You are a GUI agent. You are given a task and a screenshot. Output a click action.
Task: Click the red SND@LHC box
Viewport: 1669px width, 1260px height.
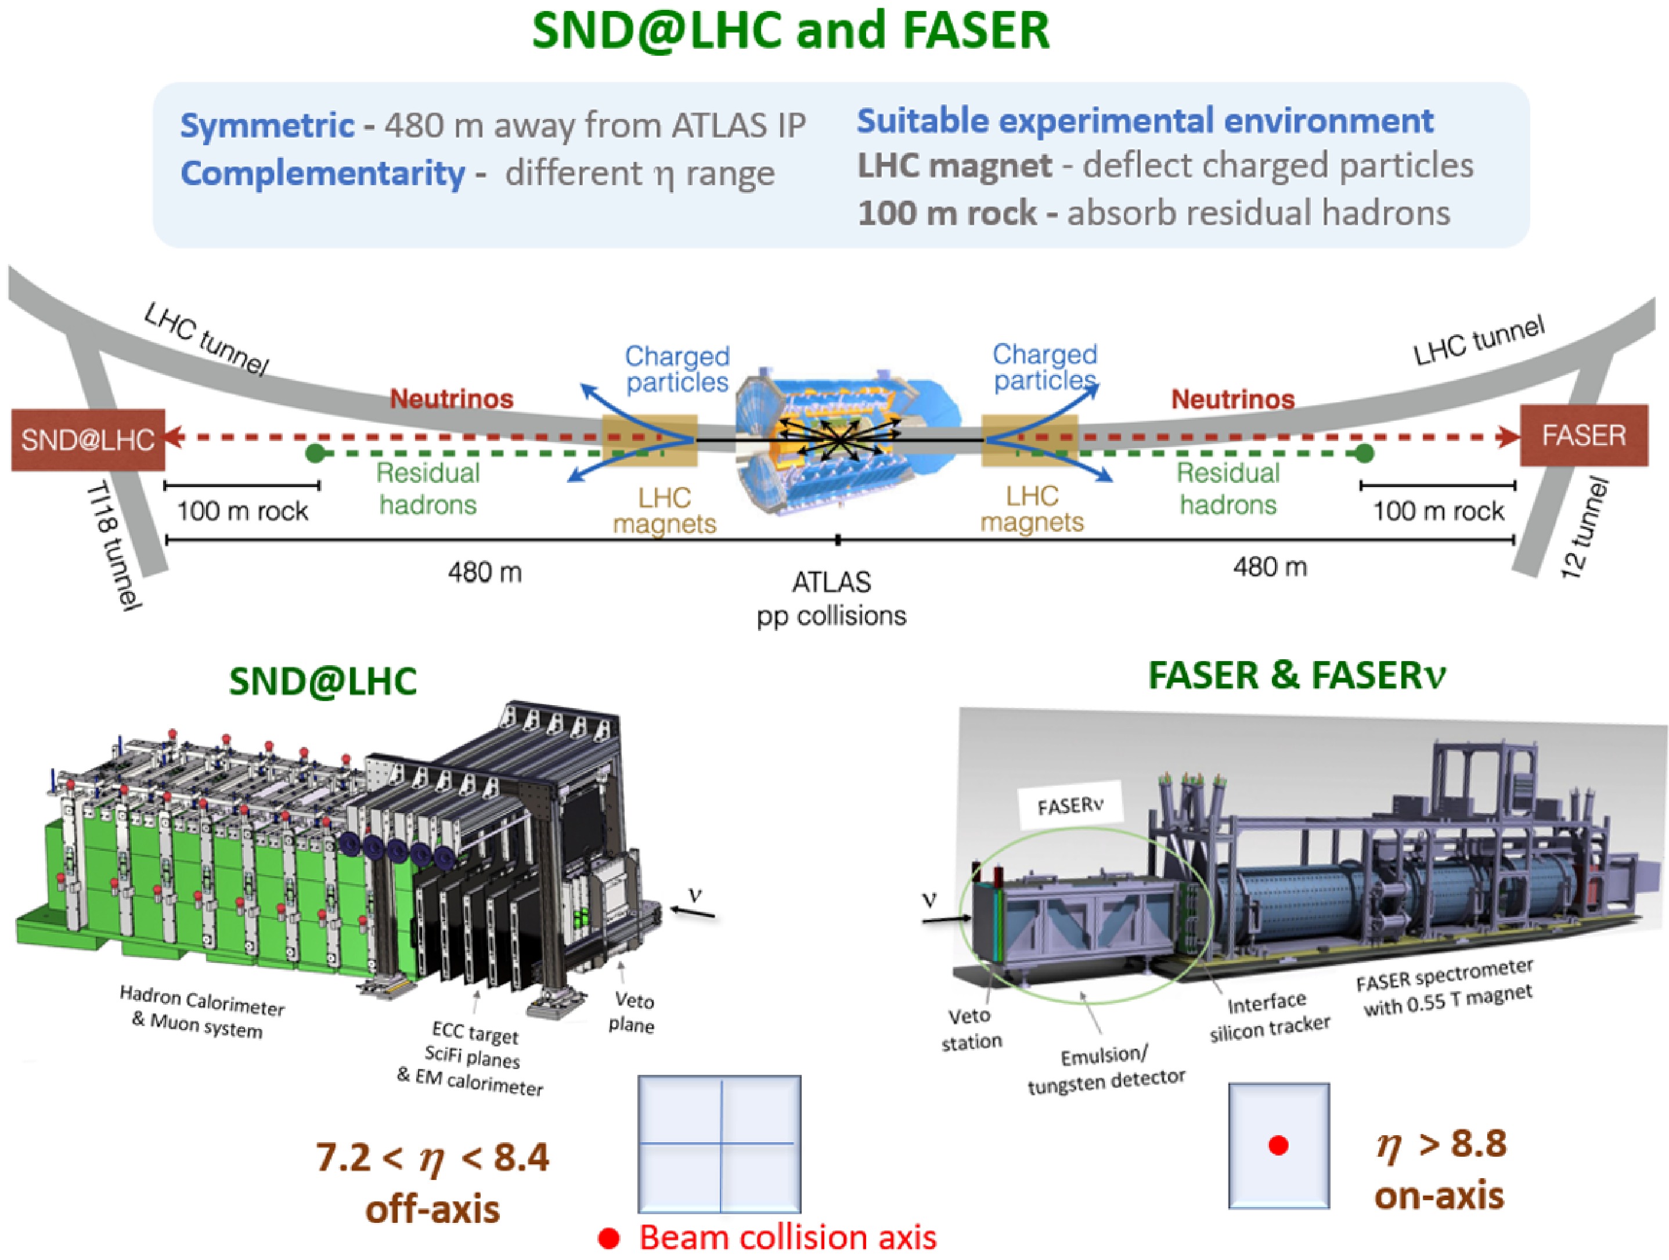pyautogui.click(x=88, y=440)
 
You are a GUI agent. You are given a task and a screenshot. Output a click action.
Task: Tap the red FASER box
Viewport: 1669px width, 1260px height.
pyautogui.click(x=1583, y=435)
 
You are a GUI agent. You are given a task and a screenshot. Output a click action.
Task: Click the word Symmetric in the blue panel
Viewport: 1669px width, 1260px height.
pyautogui.click(x=266, y=125)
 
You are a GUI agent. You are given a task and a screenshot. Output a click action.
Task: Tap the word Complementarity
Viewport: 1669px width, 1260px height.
pyautogui.click(x=322, y=174)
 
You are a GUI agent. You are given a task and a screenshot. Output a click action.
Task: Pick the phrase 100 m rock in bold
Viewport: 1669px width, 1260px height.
pyautogui.click(x=947, y=214)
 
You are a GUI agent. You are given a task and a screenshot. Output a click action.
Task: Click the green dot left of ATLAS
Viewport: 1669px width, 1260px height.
pyautogui.click(x=315, y=453)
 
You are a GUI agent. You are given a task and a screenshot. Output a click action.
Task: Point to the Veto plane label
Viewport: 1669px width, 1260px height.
pyautogui.click(x=632, y=1013)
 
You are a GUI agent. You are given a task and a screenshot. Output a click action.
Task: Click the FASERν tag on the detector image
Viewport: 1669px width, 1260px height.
pyautogui.click(x=1070, y=806)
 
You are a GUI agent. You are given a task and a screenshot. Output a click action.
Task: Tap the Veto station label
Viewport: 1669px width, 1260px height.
pyautogui.click(x=971, y=1028)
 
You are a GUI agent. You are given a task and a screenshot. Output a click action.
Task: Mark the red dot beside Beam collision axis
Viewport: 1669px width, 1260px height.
pyautogui.click(x=609, y=1238)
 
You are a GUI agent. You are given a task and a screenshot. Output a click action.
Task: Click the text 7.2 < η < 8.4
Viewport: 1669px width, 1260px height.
pyautogui.click(x=432, y=1157)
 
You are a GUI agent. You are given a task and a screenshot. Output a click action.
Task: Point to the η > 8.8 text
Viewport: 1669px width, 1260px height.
pyautogui.click(x=1441, y=1145)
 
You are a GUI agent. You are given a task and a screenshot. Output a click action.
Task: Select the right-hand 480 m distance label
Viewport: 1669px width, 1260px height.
pyautogui.click(x=1270, y=566)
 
